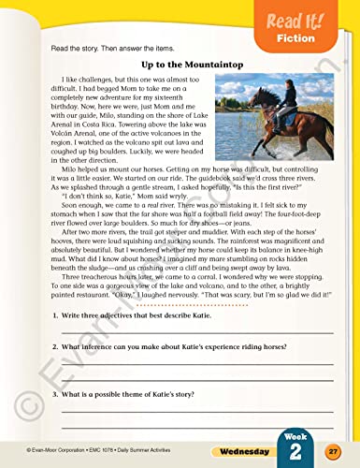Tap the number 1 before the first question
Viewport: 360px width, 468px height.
47,317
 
